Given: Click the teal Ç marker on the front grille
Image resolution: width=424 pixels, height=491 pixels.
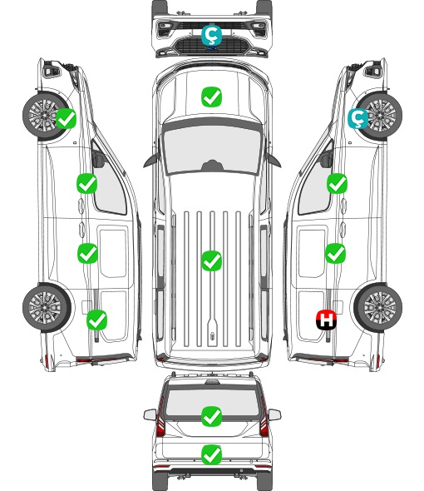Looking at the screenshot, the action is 211,35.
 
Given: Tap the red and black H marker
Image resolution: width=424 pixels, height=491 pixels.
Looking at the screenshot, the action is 326,320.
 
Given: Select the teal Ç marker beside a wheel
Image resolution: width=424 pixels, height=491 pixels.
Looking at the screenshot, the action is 358,118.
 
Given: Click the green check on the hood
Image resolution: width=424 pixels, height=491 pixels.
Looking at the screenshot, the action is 211,97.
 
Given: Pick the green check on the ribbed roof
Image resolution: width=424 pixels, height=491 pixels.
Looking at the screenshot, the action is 211,260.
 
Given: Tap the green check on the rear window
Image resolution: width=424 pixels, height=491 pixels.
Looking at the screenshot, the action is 211,416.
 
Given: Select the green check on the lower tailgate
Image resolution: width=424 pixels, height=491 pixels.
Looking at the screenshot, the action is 211,454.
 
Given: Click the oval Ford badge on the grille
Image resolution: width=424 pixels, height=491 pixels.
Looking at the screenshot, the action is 211,48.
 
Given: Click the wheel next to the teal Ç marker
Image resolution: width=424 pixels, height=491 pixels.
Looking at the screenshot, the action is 380,116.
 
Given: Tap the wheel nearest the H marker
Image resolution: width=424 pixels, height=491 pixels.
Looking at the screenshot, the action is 378,308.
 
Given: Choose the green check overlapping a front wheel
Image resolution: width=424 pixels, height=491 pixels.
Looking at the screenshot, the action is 66,118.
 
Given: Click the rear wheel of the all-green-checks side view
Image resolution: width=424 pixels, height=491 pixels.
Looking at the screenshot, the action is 47,308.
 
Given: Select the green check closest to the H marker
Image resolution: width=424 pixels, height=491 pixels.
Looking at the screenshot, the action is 335,253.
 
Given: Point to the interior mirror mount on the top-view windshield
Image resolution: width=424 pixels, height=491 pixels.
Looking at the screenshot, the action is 212,166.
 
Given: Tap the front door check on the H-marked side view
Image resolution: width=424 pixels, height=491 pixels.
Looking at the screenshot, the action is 337,183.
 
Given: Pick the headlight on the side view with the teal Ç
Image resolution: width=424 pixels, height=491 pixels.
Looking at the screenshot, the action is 373,70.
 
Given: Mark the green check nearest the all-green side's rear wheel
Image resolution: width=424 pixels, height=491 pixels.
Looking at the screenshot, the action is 96,320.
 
